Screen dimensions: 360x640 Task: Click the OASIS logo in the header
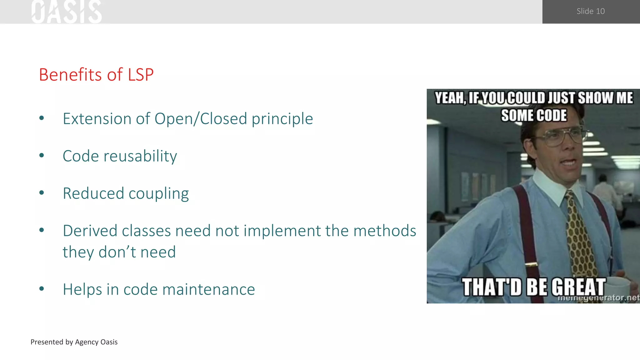[67, 12]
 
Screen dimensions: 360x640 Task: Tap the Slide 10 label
[590, 11]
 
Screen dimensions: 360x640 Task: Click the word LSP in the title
[141, 75]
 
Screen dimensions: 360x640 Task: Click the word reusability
[140, 156]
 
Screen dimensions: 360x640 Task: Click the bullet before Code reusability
[42, 155]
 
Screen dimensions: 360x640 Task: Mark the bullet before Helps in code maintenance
[42, 288]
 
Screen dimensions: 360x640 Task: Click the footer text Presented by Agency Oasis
[74, 342]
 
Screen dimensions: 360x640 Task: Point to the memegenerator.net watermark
[598, 298]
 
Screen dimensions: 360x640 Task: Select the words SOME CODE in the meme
[534, 115]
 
